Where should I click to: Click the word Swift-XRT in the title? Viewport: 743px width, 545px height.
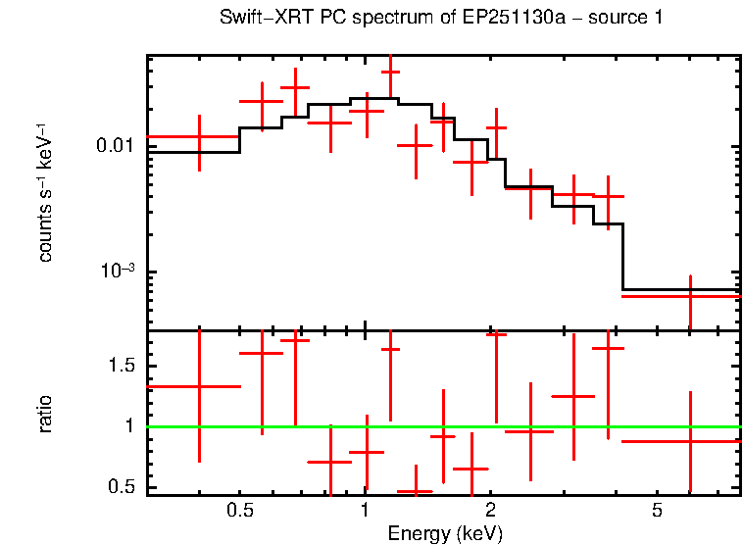pos(255,19)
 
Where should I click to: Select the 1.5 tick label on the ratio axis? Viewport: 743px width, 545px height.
pos(121,366)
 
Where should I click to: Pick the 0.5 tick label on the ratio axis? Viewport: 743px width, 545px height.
pos(121,487)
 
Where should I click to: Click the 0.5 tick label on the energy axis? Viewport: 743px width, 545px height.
pos(239,512)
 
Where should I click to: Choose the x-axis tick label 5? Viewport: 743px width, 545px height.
pos(657,512)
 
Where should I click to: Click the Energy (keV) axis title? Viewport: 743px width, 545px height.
pos(445,534)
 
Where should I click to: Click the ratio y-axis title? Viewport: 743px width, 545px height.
pos(45,414)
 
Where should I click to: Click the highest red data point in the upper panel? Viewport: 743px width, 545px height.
pos(391,72)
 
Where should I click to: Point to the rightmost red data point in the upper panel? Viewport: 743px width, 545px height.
pos(691,296)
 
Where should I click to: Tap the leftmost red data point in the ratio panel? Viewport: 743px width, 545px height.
pos(200,386)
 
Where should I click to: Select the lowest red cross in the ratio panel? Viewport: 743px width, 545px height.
pos(415,491)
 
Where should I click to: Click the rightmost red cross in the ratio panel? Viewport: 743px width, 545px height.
pos(691,441)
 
